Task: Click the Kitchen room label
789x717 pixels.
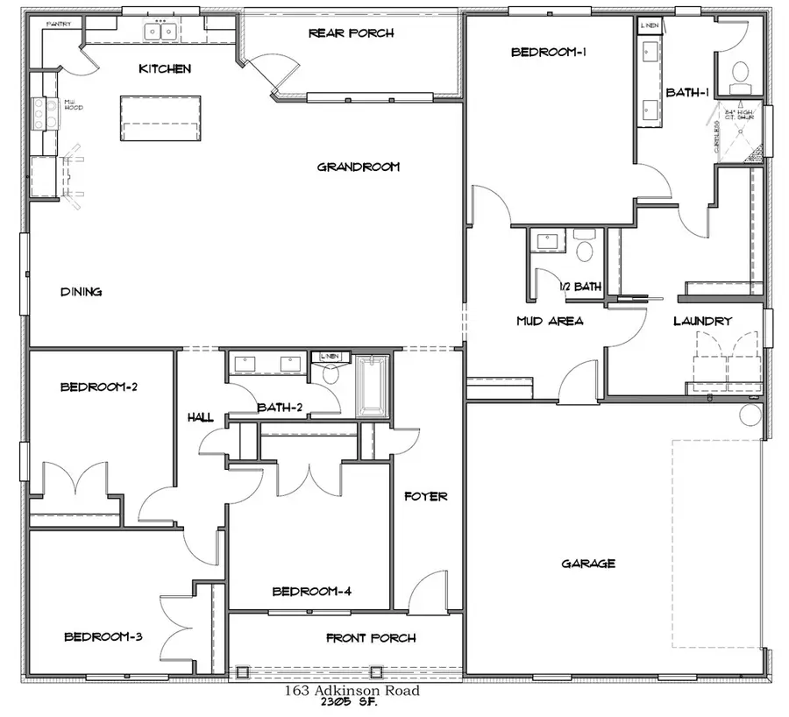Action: tap(165, 68)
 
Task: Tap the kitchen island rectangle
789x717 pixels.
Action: tap(160, 117)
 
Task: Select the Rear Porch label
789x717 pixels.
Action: tap(351, 33)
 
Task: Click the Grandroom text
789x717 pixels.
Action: tap(358, 167)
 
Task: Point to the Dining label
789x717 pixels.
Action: tap(81, 292)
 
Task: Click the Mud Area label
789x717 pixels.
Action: tap(550, 321)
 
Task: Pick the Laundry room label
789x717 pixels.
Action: tap(702, 321)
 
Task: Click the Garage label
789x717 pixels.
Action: tap(588, 564)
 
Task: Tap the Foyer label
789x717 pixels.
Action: tap(426, 496)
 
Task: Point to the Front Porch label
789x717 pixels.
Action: tap(371, 637)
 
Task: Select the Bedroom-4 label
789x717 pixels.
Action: tap(312, 592)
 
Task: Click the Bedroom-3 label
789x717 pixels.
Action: tap(103, 636)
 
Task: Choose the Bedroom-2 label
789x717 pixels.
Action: tap(100, 387)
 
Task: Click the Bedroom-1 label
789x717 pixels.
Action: tap(549, 52)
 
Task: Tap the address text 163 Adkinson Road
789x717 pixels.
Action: tap(352, 691)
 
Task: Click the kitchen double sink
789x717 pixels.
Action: tap(160, 32)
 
